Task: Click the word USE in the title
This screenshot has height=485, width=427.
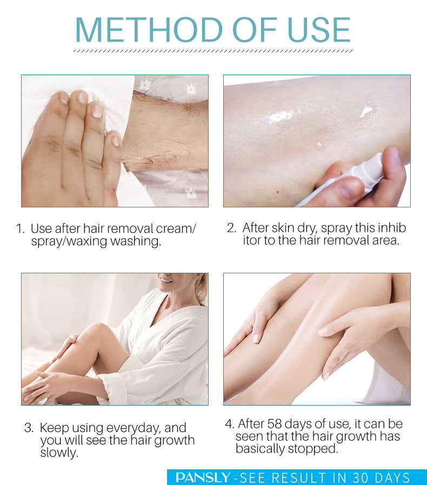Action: [319, 30]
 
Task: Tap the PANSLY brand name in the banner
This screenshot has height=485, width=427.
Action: [203, 477]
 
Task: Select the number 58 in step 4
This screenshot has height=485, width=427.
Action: [275, 424]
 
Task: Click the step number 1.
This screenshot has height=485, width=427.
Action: [20, 229]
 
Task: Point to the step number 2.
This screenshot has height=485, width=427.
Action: [232, 228]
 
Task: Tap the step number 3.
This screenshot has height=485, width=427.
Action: [29, 428]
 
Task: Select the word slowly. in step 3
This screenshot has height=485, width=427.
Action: [59, 453]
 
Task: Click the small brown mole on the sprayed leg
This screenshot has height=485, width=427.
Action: [278, 192]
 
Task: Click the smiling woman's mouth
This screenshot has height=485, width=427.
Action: [166, 280]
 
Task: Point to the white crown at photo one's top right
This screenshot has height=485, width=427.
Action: [191, 89]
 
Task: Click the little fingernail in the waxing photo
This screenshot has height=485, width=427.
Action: [116, 141]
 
